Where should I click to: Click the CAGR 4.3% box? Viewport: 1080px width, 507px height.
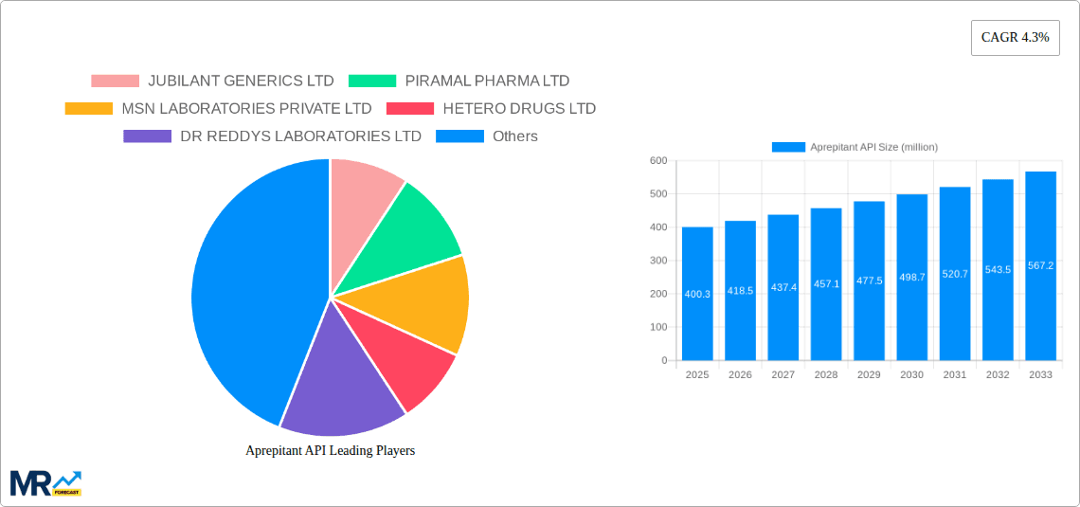point(1015,38)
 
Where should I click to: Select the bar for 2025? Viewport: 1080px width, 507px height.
point(697,294)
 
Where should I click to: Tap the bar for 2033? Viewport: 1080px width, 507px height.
point(1040,265)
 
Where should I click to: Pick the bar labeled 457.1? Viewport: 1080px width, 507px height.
point(826,284)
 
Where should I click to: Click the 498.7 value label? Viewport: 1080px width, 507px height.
point(911,277)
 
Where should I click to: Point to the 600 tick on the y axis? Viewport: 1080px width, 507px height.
point(657,161)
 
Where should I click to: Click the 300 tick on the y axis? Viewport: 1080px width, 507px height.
point(657,261)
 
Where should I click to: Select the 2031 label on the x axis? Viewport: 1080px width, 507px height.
point(954,375)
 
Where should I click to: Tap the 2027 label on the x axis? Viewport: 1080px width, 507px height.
point(783,375)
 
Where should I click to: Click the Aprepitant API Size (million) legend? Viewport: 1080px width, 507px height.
point(855,147)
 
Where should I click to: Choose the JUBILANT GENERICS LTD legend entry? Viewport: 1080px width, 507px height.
point(212,81)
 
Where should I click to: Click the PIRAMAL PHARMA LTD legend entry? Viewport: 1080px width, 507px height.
point(459,81)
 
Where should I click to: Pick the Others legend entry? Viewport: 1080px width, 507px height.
point(487,136)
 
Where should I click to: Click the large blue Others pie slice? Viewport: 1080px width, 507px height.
point(246,284)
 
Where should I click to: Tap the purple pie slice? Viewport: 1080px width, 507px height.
point(341,389)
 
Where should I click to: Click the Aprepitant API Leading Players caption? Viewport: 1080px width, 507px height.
point(330,451)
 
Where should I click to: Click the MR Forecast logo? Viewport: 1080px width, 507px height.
point(45,483)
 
